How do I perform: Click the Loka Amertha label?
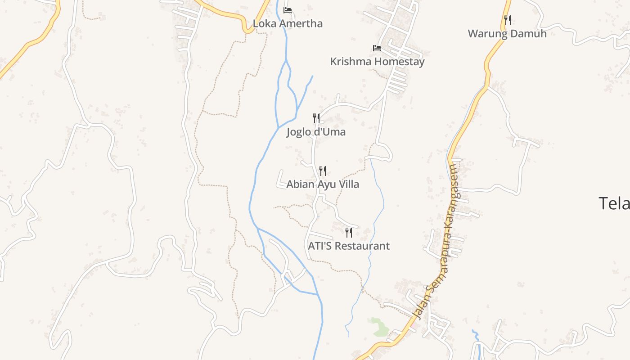point(288,23)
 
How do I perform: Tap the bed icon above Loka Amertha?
point(288,10)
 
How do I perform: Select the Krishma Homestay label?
point(377,62)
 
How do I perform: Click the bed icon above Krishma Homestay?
point(377,48)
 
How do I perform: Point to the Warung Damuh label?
point(507,34)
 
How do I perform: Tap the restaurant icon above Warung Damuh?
point(507,20)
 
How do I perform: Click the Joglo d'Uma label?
point(316,132)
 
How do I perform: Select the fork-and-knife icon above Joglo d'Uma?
point(316,118)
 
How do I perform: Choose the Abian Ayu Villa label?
point(323,184)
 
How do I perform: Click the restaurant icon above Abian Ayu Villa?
point(323,171)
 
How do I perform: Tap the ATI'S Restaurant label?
point(348,246)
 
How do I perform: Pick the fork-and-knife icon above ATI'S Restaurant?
point(348,233)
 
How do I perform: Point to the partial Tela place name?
point(614,203)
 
